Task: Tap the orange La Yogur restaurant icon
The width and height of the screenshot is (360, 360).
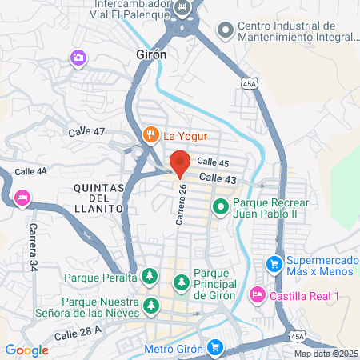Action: (150, 135)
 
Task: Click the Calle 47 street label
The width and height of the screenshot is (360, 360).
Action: (86, 131)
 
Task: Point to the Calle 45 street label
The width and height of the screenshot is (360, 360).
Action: (214, 162)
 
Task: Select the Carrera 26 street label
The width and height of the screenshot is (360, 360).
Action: (183, 204)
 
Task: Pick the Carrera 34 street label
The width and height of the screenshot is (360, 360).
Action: (34, 245)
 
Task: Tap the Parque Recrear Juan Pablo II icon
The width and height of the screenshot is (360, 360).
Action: (222, 207)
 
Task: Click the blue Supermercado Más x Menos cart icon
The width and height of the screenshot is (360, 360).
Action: (274, 262)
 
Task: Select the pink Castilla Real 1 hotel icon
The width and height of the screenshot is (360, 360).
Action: (257, 295)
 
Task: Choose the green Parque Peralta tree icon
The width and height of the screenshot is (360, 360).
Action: (150, 277)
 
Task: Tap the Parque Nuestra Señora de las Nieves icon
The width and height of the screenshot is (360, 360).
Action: (150, 305)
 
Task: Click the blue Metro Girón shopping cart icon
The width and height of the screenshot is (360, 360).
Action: (214, 348)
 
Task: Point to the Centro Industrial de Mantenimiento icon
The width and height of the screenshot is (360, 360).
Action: (226, 30)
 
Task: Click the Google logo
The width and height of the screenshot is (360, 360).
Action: (26, 350)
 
